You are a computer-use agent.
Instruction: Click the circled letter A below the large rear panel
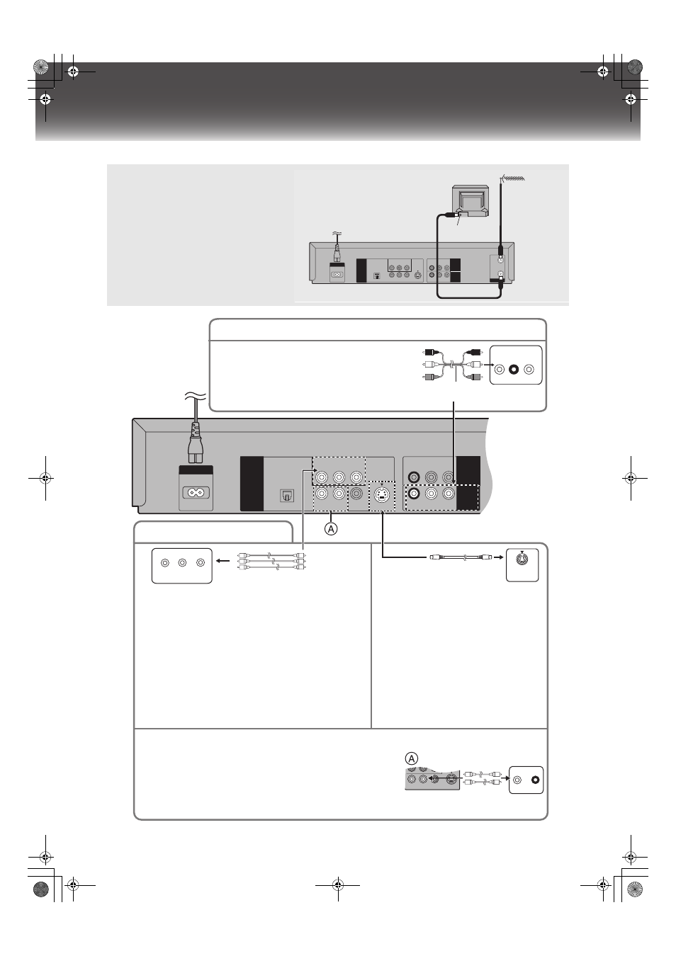330,529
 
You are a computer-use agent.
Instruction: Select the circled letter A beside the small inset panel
411,758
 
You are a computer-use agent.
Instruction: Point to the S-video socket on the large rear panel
381,495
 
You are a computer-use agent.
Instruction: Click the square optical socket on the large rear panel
286,496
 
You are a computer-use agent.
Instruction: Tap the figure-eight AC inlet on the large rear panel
196,493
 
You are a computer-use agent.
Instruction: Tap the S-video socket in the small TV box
522,558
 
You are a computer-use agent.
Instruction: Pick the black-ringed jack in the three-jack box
514,370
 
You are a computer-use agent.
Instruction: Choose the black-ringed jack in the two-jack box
535,780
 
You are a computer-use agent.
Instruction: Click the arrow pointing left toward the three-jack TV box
223,561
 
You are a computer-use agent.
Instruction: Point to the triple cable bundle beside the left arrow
271,561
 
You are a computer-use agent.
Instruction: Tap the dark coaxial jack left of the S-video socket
356,494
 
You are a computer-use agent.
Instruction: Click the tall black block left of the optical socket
252,484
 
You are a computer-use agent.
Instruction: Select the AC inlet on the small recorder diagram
337,275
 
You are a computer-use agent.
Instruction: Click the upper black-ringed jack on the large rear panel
413,477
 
